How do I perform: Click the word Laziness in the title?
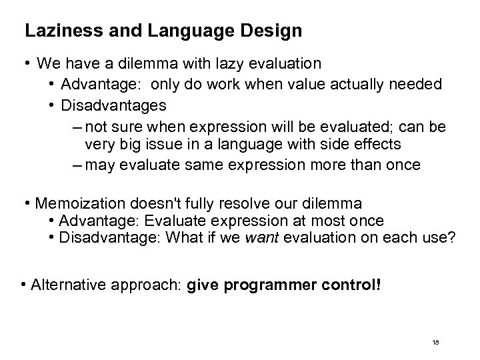pyautogui.click(x=51, y=31)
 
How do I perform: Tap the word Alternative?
pyautogui.click(x=65, y=287)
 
